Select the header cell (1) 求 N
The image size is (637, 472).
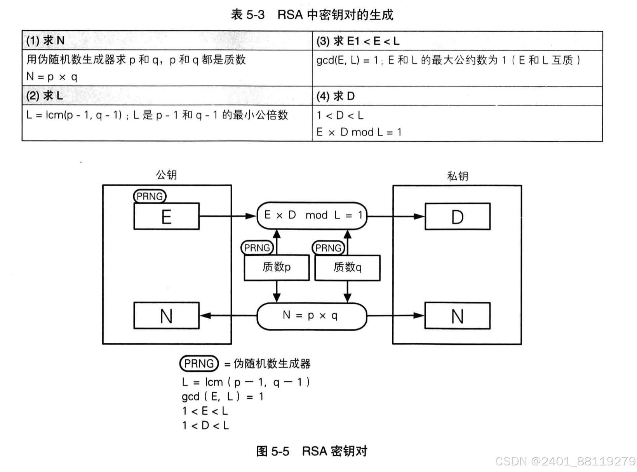point(45,40)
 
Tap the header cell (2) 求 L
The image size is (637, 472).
point(45,95)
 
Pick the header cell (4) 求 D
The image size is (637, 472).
point(336,96)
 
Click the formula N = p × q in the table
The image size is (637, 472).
point(52,76)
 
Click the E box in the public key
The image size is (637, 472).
point(166,216)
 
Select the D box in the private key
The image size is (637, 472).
point(457,216)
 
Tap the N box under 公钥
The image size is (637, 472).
point(166,316)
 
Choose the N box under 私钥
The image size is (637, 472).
point(457,316)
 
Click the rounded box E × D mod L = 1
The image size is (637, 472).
point(312,215)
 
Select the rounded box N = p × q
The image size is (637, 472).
point(312,316)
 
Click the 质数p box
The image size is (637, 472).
point(277,267)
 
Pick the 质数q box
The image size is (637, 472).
point(347,267)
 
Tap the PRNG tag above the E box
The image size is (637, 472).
point(150,196)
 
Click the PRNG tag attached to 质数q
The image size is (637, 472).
point(328,248)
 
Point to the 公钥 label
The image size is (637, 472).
point(166,175)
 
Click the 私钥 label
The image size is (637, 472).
point(458,176)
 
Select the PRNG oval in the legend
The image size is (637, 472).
point(199,363)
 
